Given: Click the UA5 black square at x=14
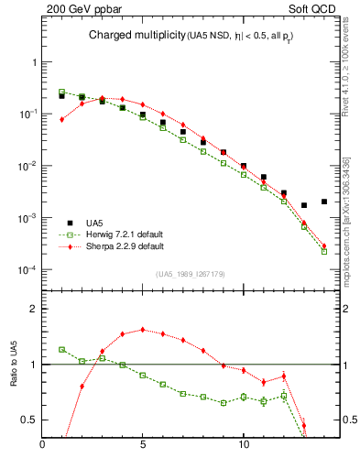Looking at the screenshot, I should pyautogui.click(x=324, y=202).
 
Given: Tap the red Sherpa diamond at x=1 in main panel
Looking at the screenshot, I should pyautogui.click(x=61, y=119).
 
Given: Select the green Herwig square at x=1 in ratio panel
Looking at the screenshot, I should pyautogui.click(x=61, y=349).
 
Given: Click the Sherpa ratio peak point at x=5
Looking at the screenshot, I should pyautogui.click(x=142, y=330).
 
